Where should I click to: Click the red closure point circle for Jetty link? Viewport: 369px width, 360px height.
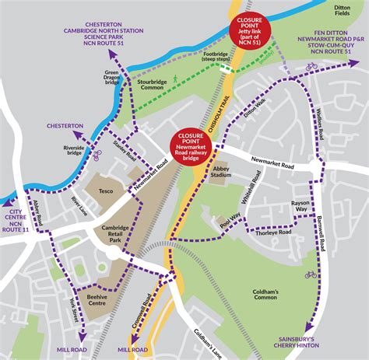pyautogui.click(x=250, y=30)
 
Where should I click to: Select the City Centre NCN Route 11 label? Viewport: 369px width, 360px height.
pyautogui.click(x=18, y=221)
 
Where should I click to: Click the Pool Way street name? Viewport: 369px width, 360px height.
pyautogui.click(x=229, y=222)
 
